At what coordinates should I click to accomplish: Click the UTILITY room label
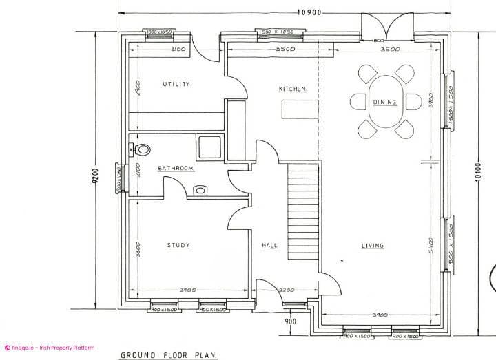[x=176, y=85]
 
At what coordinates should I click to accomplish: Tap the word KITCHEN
[x=292, y=89]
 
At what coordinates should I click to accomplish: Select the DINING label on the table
[x=384, y=103]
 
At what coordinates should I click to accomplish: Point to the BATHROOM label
[x=176, y=169]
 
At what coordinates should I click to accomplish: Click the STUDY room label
[x=178, y=245]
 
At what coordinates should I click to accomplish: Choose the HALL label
[x=269, y=245]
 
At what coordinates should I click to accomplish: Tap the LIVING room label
[x=373, y=245]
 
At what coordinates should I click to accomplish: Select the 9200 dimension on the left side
[x=96, y=177]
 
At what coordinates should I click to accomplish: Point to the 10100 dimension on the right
[x=477, y=177]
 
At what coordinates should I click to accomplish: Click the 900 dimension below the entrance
[x=290, y=321]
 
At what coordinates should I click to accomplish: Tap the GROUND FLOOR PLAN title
[x=169, y=355]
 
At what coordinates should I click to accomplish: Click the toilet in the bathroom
[x=141, y=149]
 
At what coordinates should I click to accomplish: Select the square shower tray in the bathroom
[x=209, y=146]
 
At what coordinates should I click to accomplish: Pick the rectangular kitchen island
[x=300, y=109]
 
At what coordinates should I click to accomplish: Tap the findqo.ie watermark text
[x=52, y=348]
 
